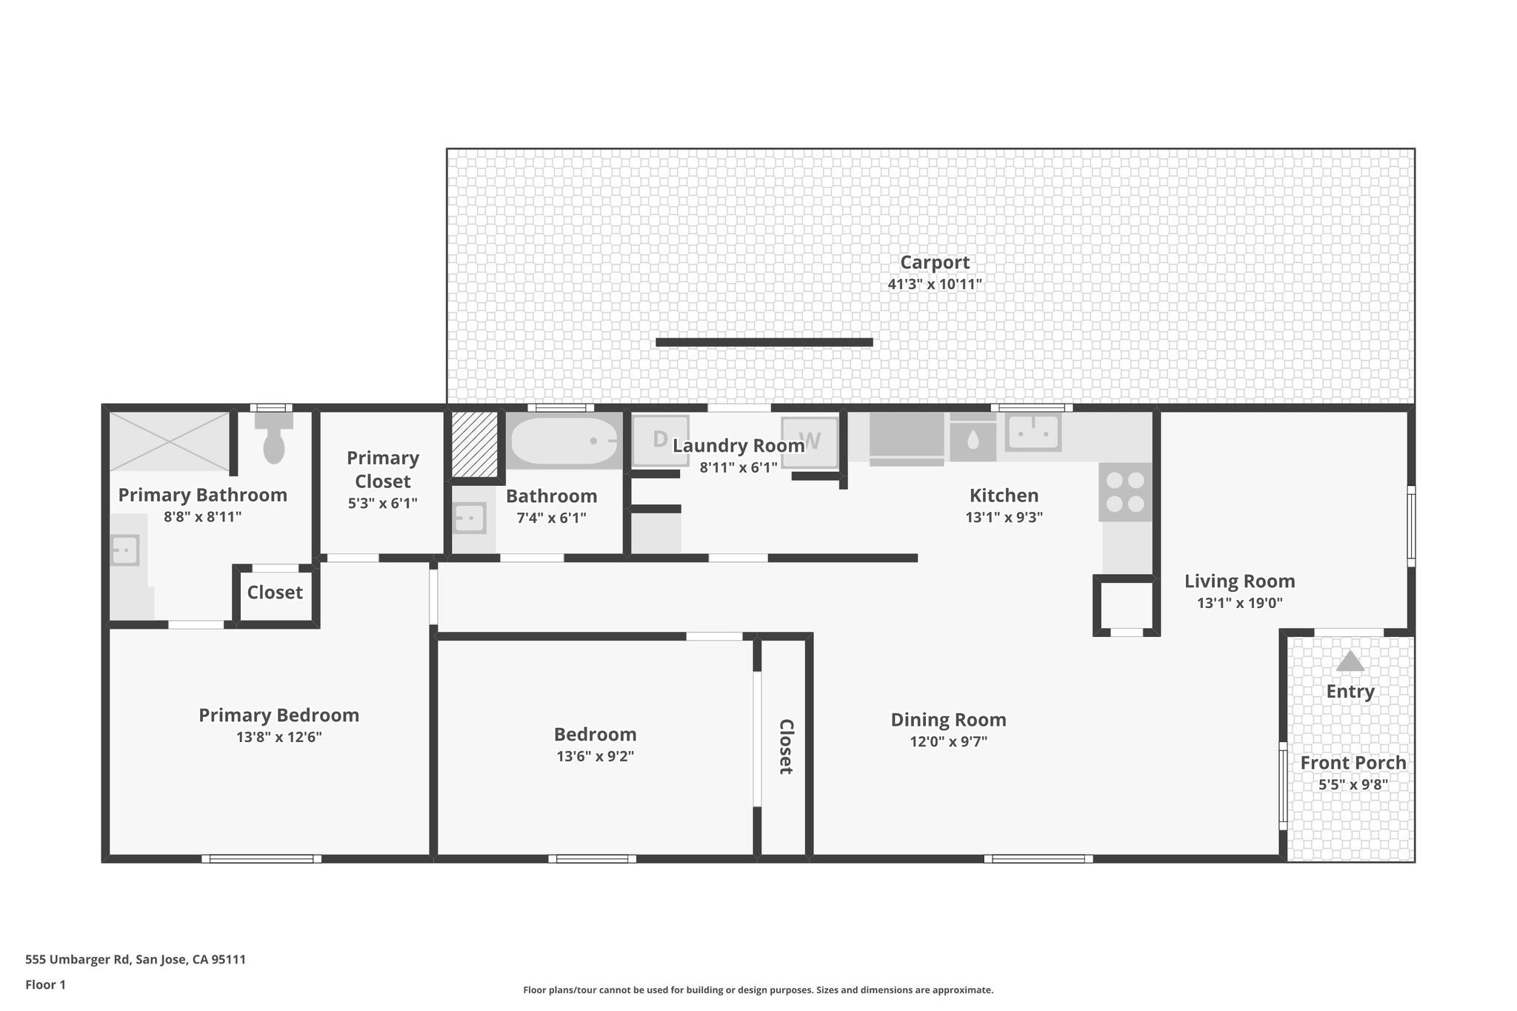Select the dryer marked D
(x=659, y=440)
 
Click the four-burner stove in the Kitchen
(x=1125, y=492)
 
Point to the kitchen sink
(x=1033, y=432)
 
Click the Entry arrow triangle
(x=1350, y=661)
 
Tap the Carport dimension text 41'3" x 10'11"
(x=935, y=284)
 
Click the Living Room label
(x=1239, y=581)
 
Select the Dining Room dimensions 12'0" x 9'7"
(x=948, y=741)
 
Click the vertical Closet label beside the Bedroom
(x=786, y=747)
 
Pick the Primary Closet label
(x=382, y=470)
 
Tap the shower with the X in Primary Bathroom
(x=170, y=441)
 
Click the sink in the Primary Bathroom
(x=125, y=550)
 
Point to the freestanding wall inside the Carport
(x=764, y=342)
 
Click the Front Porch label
(x=1353, y=763)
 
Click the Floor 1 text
(x=45, y=984)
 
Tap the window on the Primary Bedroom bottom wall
(x=261, y=859)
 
